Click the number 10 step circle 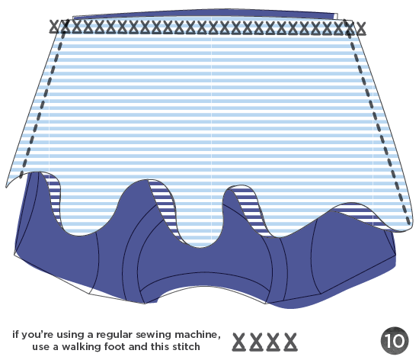pyautogui.click(x=395, y=340)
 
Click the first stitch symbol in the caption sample pyautogui.click(x=239, y=342)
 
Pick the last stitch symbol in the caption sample pyautogui.click(x=290, y=342)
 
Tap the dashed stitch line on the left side pyautogui.click(x=43, y=102)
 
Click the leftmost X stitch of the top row pyautogui.click(x=54, y=27)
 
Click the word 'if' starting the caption pyautogui.click(x=15, y=334)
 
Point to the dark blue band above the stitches pyautogui.click(x=204, y=14)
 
